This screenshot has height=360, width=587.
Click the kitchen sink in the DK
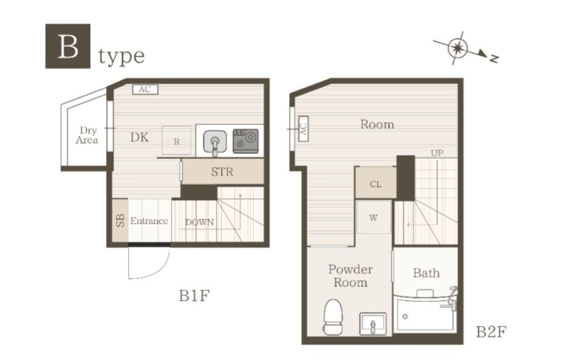(x=215, y=142)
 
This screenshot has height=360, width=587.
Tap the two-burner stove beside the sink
(x=246, y=141)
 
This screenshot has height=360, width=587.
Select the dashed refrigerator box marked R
(x=176, y=140)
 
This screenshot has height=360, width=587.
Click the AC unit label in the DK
(x=145, y=89)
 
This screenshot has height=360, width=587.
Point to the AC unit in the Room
(x=303, y=128)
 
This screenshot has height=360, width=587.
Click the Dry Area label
(x=87, y=135)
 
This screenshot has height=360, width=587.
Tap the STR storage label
(x=222, y=172)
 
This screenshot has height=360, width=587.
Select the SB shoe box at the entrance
(x=120, y=221)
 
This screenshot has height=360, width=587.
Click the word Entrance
(x=149, y=221)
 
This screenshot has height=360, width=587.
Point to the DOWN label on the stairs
(x=199, y=222)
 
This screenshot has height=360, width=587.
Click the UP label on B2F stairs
(x=437, y=153)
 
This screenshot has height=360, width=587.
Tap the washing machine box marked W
(x=374, y=217)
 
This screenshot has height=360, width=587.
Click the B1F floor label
(x=194, y=296)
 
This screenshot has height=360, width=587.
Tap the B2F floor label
(x=491, y=332)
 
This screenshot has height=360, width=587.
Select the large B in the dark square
(x=68, y=46)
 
